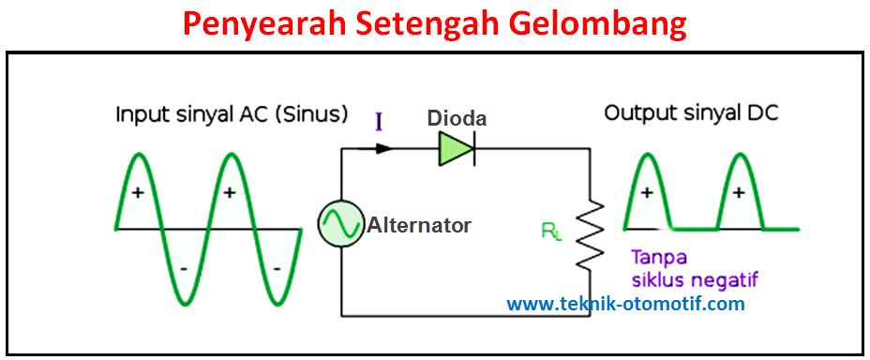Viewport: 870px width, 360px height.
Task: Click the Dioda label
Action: point(457,118)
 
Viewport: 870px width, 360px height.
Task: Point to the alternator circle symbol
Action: point(340,225)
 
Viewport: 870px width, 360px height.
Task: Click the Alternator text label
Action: point(419,225)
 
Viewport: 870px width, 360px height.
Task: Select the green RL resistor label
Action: point(551,230)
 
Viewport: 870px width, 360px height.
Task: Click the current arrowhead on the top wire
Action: point(382,147)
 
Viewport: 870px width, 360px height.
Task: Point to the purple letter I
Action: point(379,121)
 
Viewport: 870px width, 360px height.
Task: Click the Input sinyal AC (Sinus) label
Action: point(232,114)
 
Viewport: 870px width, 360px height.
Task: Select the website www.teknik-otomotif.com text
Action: point(625,304)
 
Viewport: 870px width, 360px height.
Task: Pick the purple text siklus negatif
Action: point(694,279)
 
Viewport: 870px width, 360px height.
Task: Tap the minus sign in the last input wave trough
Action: point(277,269)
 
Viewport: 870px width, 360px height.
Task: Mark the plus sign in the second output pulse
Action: point(739,193)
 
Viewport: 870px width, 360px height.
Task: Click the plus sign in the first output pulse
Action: point(647,193)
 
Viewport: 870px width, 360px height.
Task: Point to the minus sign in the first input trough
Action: point(184,269)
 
